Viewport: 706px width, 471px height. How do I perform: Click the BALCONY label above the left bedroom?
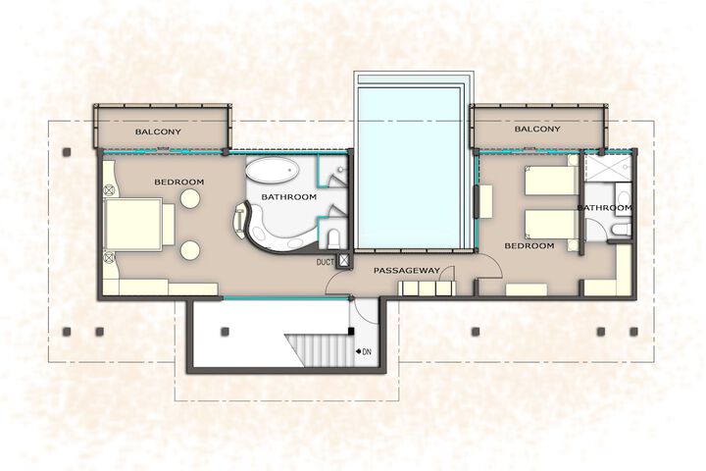[158, 132]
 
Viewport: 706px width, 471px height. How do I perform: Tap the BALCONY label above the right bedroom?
[537, 129]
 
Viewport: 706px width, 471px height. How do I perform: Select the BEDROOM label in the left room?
[179, 183]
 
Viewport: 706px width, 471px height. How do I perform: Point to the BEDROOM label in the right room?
[529, 245]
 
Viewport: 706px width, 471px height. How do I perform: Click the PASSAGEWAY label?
[407, 271]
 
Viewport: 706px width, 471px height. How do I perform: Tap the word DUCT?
[326, 262]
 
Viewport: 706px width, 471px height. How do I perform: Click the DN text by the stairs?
[367, 351]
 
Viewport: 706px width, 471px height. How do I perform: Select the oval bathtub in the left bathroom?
[273, 171]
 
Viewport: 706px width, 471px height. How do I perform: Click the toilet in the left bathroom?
[333, 238]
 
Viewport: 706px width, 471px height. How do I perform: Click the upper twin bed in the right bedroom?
[551, 181]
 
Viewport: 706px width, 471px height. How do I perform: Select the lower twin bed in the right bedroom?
[551, 224]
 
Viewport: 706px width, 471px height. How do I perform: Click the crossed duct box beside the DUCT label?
[344, 261]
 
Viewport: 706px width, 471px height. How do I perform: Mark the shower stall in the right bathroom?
[608, 167]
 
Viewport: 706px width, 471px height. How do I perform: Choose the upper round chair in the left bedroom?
[190, 198]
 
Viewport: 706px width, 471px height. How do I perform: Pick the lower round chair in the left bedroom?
[190, 250]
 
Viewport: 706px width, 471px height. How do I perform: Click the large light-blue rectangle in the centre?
[409, 167]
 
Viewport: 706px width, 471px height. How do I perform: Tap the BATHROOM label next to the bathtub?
[288, 197]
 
